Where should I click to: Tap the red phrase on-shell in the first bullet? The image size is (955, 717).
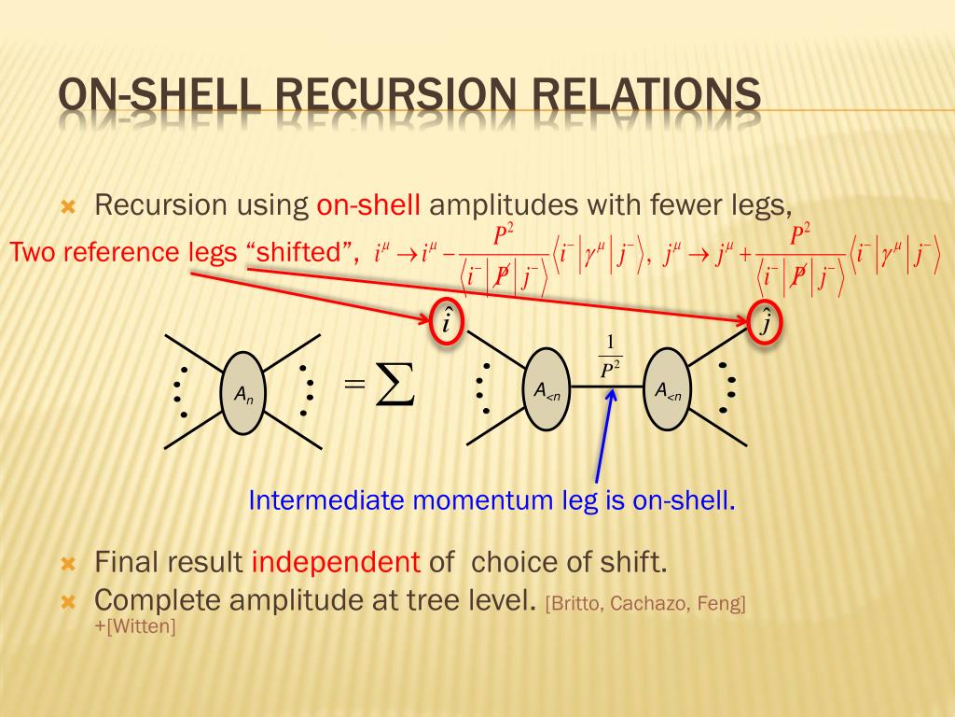click(369, 204)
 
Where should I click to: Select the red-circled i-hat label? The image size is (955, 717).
click(447, 323)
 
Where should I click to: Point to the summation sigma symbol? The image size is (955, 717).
click(394, 387)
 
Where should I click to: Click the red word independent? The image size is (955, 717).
click(336, 562)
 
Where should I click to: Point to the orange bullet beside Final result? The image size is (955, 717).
click(67, 563)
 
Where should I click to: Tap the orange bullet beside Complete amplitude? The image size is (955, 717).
click(67, 599)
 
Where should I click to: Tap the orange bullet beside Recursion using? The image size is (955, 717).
click(67, 205)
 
